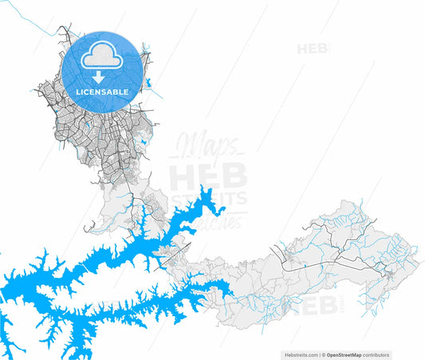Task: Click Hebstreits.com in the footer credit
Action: pos(301,354)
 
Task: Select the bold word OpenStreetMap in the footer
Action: pos(344,354)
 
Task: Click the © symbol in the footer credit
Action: pos(324,354)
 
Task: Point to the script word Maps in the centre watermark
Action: pos(206,147)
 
